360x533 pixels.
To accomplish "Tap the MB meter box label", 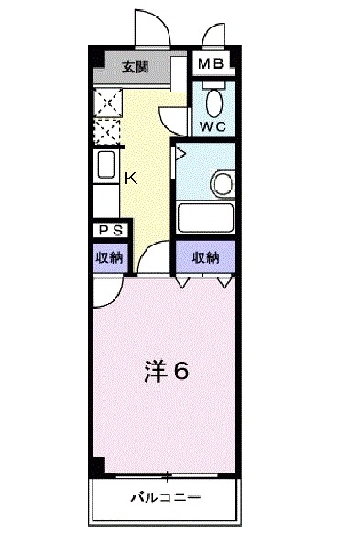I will (213, 65).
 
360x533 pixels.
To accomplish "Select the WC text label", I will (213, 125).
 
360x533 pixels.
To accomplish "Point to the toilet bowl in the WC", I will (215, 101).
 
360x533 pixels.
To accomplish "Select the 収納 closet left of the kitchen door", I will (110, 257).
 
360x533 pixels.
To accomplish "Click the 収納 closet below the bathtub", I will (205, 257).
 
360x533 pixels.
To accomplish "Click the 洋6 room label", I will (166, 371).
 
